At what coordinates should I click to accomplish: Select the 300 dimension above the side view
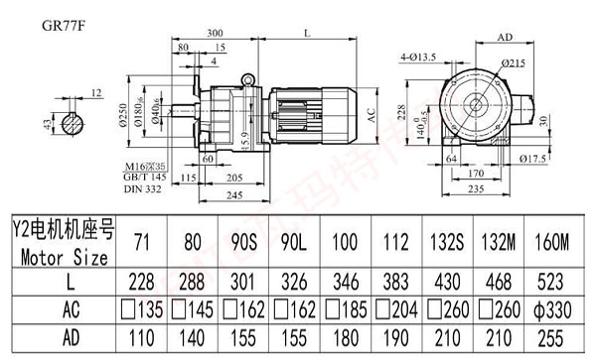click(x=215, y=34)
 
